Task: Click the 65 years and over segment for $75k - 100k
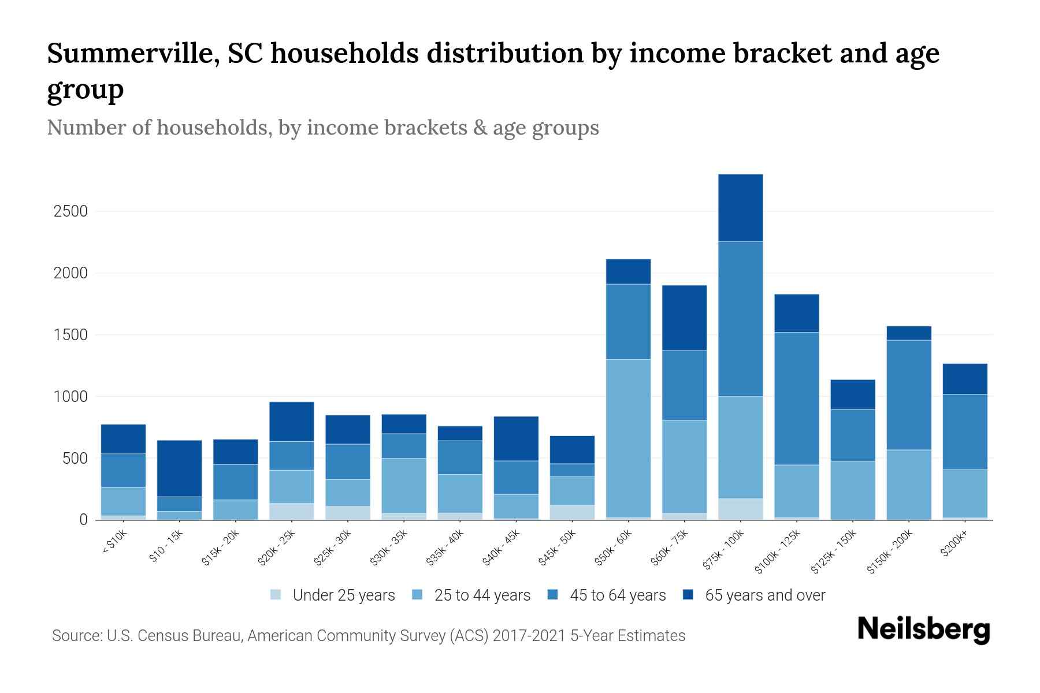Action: click(x=740, y=208)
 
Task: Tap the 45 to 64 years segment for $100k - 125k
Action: click(x=796, y=398)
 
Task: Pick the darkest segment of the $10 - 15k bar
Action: click(x=179, y=468)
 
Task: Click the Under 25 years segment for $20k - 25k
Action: click(x=291, y=512)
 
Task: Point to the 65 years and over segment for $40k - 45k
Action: click(x=516, y=438)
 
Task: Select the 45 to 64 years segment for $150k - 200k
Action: click(x=908, y=395)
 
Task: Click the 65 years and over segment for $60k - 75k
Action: click(x=684, y=318)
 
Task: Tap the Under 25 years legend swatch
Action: click(x=276, y=595)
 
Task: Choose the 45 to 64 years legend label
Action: click(x=618, y=595)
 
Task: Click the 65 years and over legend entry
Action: click(x=764, y=595)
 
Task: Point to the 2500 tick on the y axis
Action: click(x=70, y=211)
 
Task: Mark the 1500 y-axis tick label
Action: click(x=70, y=335)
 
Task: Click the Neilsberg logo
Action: click(x=923, y=629)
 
